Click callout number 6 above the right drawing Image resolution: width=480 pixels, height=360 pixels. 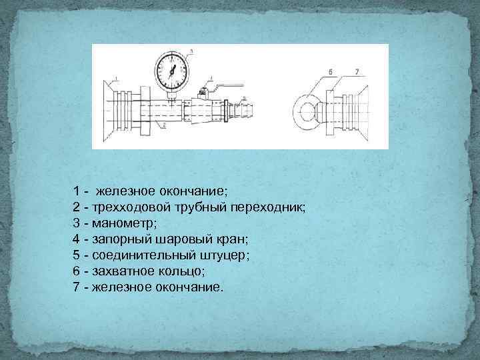331,71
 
